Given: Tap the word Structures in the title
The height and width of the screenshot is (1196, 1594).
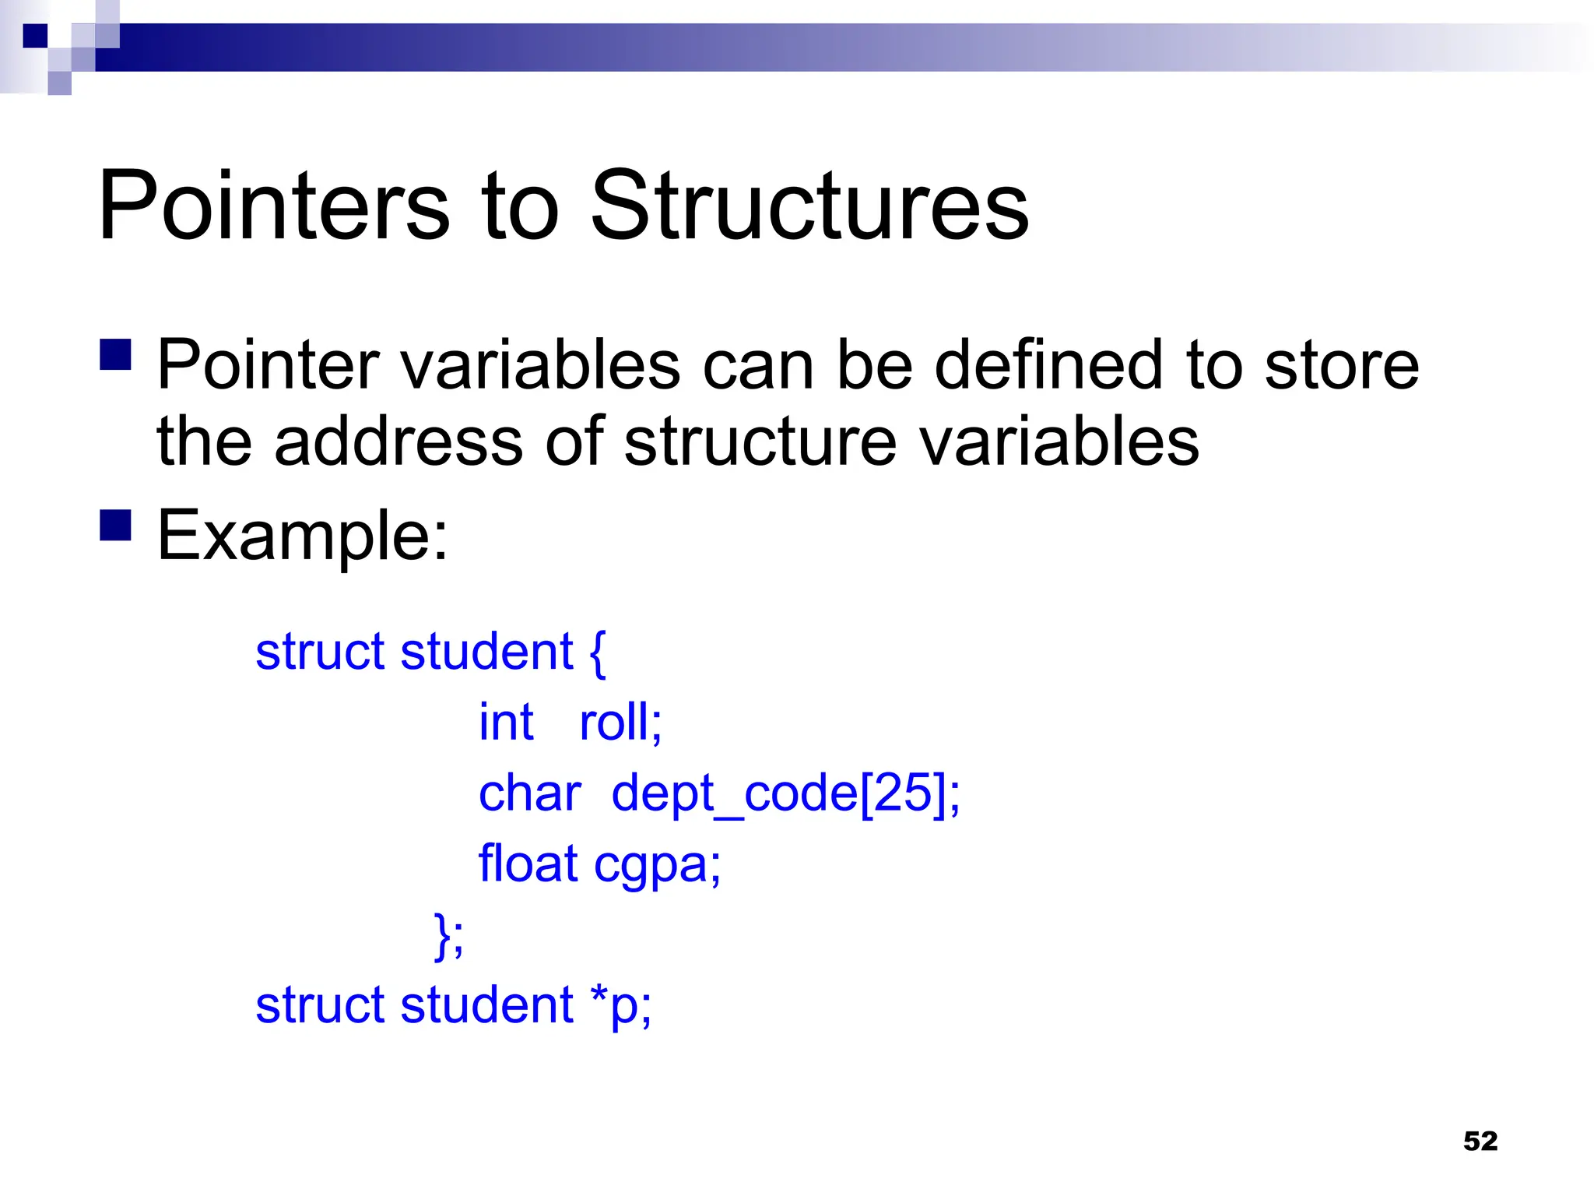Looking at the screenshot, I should (809, 206).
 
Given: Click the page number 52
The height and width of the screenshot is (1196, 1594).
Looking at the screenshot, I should (1480, 1141).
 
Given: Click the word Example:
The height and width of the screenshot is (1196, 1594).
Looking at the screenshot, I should (303, 536).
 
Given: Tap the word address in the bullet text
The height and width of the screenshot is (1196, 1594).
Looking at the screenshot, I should (398, 441).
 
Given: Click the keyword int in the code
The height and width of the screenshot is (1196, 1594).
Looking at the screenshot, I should (506, 722).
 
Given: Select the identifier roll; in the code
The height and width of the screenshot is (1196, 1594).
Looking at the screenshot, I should (620, 722).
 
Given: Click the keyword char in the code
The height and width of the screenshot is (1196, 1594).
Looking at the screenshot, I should (530, 793).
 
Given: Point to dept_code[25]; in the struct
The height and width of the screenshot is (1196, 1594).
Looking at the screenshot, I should (786, 793).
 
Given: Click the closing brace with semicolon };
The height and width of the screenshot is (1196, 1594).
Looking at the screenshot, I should (449, 934).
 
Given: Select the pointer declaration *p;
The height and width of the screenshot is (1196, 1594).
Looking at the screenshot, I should (620, 1005).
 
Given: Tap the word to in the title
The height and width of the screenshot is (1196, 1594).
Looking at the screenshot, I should (520, 206).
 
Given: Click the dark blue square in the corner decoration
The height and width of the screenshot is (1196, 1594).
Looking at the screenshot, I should (35, 36).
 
